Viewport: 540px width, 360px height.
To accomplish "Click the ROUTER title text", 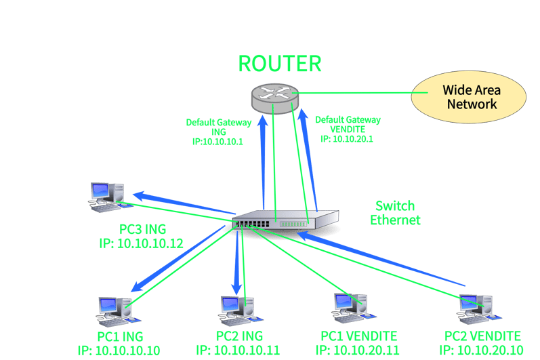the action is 280,64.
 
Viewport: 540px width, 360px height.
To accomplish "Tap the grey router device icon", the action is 275,98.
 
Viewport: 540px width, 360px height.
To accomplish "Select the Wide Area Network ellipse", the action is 468,97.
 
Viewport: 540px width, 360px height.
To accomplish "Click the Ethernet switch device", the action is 285,220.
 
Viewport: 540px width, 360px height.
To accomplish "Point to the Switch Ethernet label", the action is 395,213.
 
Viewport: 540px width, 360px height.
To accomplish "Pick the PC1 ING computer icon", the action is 118,311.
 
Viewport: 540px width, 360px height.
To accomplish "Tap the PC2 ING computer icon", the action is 240,311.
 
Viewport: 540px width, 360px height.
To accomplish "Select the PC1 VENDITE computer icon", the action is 354,308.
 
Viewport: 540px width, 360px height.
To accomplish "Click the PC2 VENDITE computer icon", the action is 479,309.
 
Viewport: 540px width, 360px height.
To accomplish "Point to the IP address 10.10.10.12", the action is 150,243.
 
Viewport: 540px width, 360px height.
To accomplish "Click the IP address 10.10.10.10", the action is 127,351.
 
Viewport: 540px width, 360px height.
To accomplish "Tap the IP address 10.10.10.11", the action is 247,351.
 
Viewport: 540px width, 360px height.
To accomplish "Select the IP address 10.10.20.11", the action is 367,351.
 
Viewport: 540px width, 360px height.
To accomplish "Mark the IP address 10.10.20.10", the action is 490,351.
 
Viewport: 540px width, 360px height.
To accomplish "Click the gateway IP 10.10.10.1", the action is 222,142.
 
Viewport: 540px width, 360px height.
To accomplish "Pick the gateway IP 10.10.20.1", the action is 352,139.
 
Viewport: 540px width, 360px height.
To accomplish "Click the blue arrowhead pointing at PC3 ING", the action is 140,196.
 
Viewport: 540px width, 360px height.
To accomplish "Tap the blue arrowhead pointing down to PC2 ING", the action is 236,289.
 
